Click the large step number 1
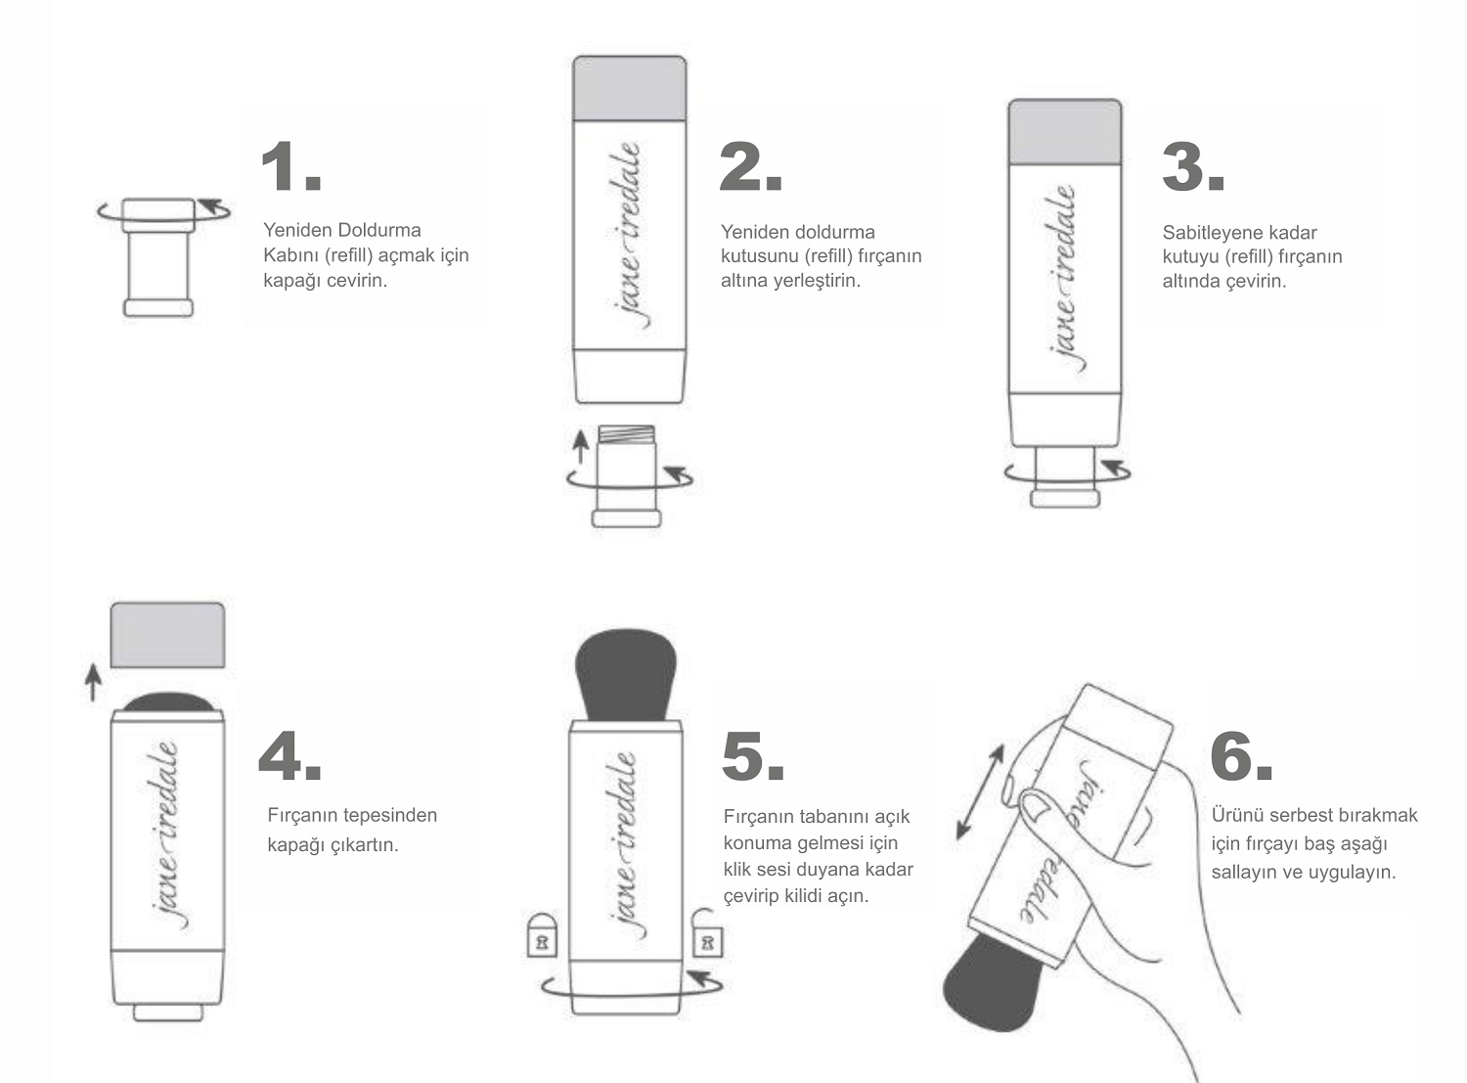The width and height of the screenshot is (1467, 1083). point(291,165)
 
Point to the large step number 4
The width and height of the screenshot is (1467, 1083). point(289,755)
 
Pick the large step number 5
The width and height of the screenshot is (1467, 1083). point(753,756)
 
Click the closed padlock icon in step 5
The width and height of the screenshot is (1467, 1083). point(542,935)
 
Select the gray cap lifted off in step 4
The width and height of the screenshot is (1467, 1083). point(167,635)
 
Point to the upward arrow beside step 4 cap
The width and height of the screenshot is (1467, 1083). point(93,682)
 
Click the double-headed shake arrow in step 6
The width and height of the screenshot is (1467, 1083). point(980,791)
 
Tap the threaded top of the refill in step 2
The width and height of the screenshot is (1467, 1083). point(626,434)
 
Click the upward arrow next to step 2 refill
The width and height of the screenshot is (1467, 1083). point(580,447)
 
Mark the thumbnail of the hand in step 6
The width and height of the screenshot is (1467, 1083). point(1037,806)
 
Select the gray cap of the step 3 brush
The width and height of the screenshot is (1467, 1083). point(1065,132)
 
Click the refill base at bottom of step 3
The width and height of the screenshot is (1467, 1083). point(1065,498)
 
